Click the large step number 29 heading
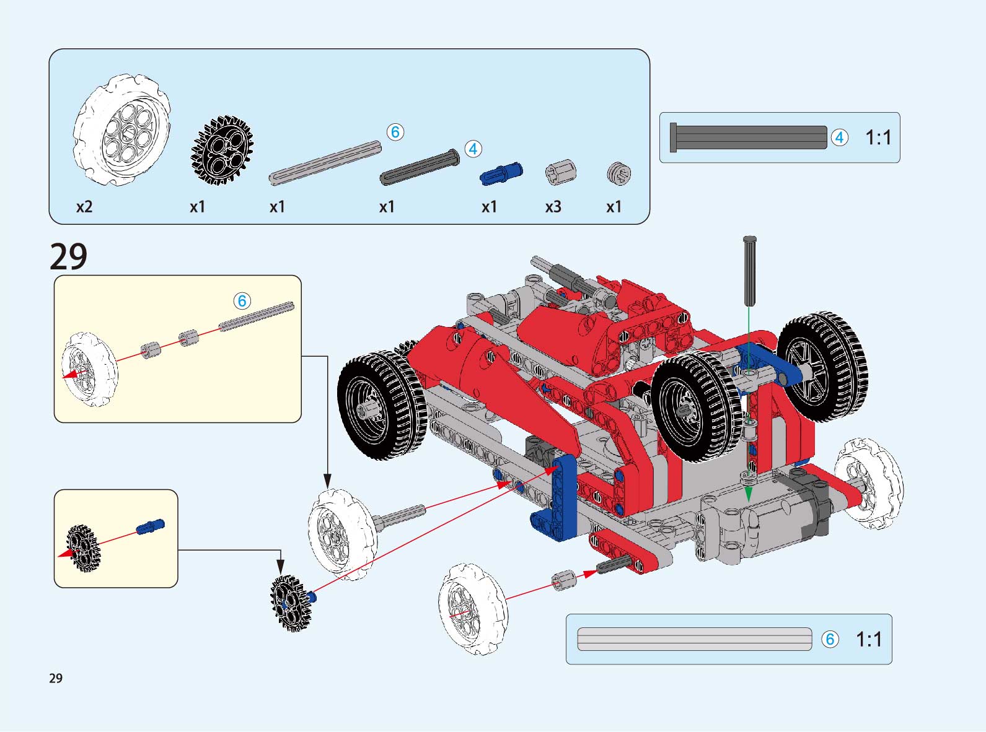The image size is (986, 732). tap(68, 256)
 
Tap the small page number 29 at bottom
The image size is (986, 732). tap(56, 678)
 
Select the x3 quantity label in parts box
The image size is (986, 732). tap(553, 207)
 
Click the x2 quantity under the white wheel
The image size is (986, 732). tap(84, 207)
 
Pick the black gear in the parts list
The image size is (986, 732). tap(222, 150)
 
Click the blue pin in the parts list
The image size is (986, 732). tap(501, 173)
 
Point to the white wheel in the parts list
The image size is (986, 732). tap(122, 129)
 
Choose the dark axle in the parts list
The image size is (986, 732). tap(419, 167)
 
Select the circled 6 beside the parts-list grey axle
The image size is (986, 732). tap(395, 132)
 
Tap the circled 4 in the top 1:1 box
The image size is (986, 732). tap(839, 137)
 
